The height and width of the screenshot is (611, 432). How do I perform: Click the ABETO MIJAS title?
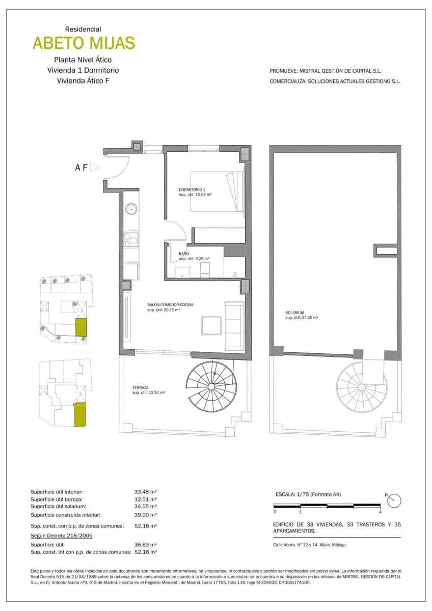(84, 43)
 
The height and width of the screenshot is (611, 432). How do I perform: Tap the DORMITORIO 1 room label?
(192, 189)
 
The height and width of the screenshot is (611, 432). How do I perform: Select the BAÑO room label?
(184, 253)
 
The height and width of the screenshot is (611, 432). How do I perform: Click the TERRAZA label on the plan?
(140, 387)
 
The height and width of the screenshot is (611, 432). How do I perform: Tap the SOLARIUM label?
(295, 312)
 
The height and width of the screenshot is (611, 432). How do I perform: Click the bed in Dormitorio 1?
(217, 191)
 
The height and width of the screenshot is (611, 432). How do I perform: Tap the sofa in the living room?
(235, 326)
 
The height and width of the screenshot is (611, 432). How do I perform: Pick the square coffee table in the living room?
(211, 326)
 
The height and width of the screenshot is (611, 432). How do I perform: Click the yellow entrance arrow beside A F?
(94, 167)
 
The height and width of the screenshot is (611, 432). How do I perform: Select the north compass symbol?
(394, 501)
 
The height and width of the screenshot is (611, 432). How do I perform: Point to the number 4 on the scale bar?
(381, 512)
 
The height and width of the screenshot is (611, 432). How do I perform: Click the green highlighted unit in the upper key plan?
(81, 328)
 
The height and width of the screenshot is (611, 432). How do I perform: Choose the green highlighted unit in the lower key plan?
(79, 414)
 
